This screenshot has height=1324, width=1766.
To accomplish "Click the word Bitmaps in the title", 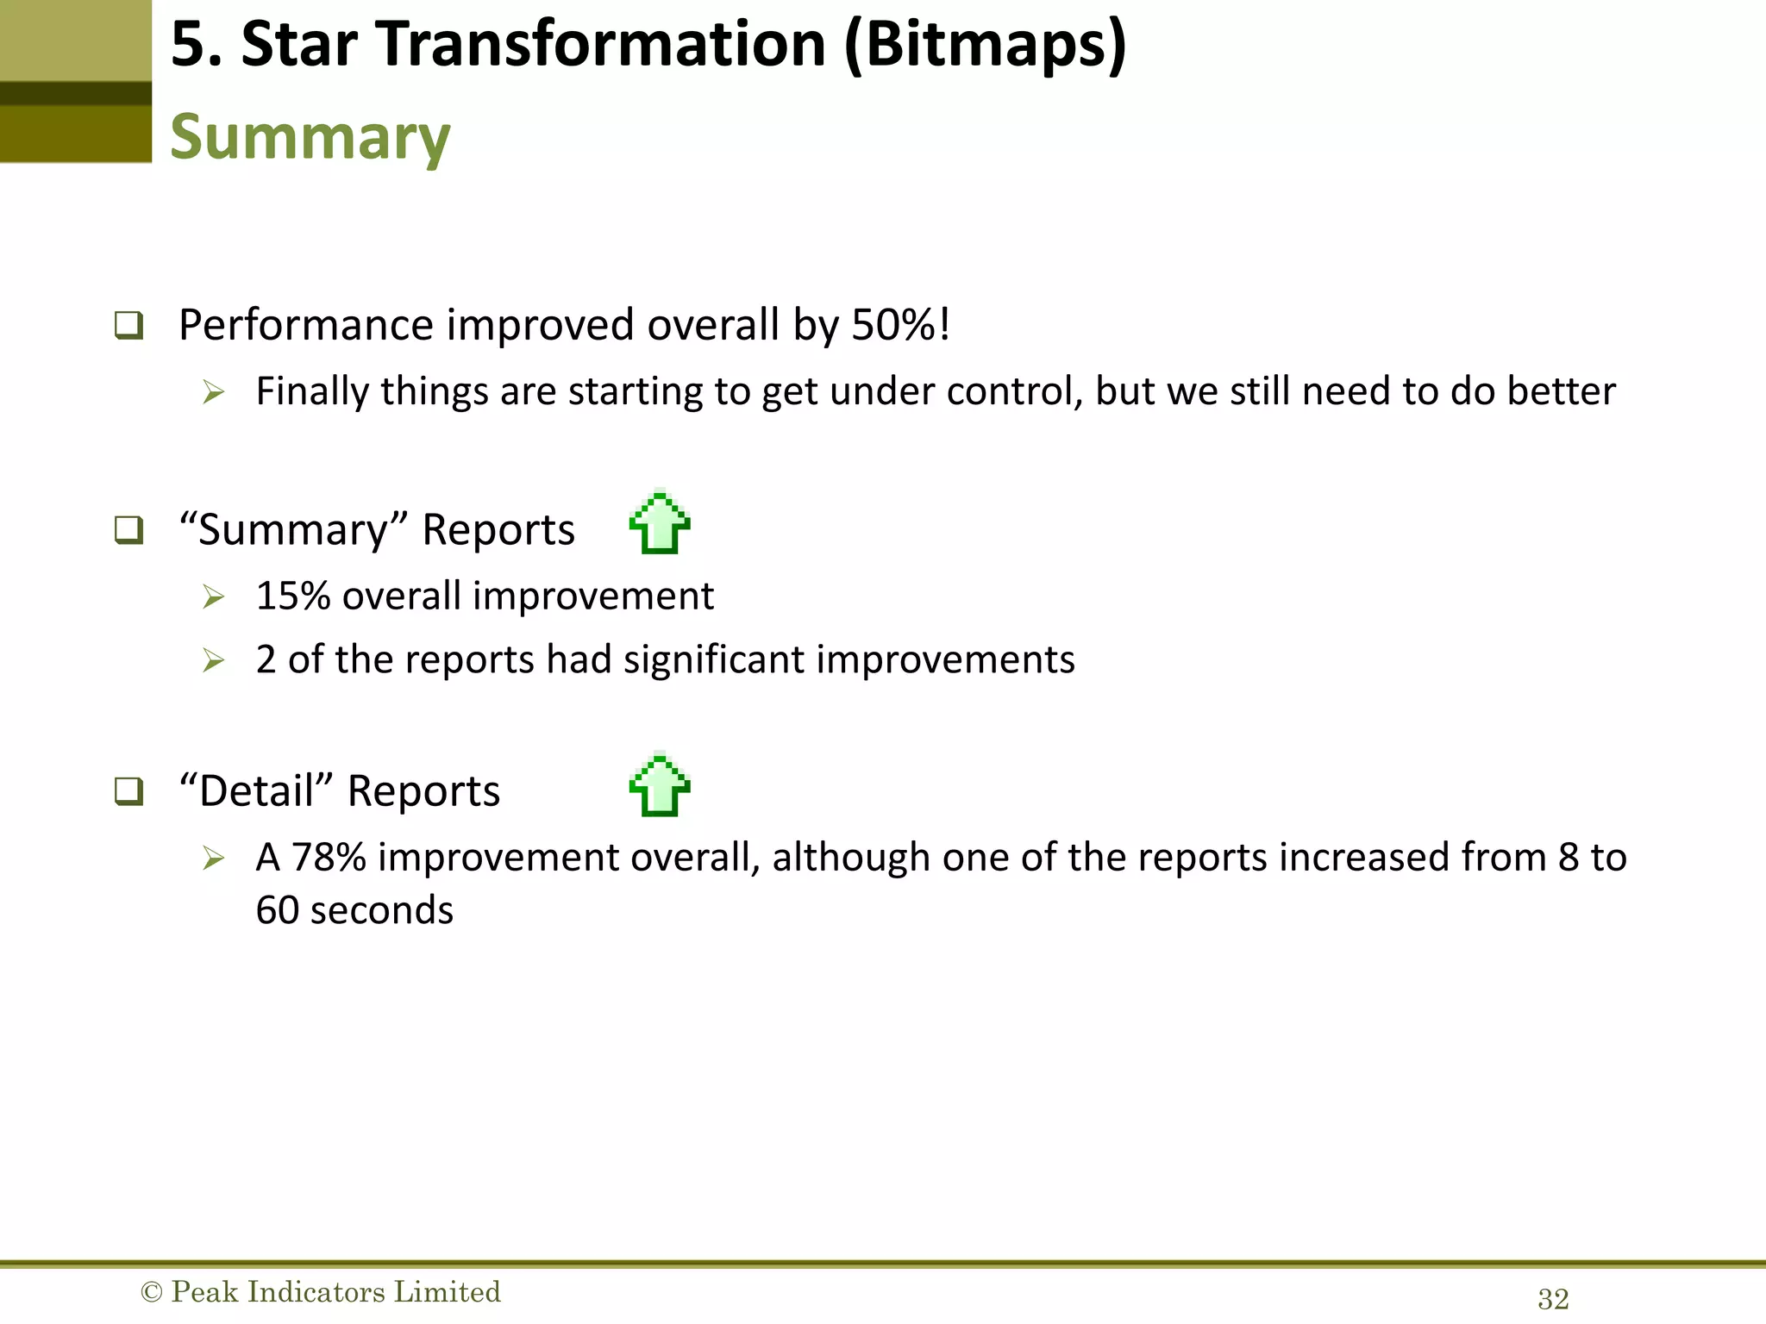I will point(985,45).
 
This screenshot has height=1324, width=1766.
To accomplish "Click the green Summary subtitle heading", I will point(310,137).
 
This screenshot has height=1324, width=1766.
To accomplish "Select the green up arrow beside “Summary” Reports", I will point(660,522).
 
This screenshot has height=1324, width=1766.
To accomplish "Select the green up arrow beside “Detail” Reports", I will point(660,785).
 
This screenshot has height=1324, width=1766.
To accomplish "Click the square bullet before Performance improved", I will point(129,326).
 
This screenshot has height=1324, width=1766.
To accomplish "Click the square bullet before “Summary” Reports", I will point(129,529).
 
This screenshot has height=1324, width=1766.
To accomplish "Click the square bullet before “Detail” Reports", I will point(129,790).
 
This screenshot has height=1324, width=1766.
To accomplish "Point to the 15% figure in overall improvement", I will point(293,596).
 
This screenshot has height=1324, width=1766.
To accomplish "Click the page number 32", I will point(1553,1299).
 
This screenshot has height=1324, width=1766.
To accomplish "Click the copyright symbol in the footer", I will point(151,1292).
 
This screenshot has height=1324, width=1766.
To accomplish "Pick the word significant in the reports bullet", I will point(714,660).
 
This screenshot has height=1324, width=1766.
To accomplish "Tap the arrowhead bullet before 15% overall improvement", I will point(213,596).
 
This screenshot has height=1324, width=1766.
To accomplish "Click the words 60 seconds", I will point(354,910).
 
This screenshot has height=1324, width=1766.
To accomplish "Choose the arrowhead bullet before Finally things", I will point(213,393).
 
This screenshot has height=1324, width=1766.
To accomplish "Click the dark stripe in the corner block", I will point(76,93).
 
